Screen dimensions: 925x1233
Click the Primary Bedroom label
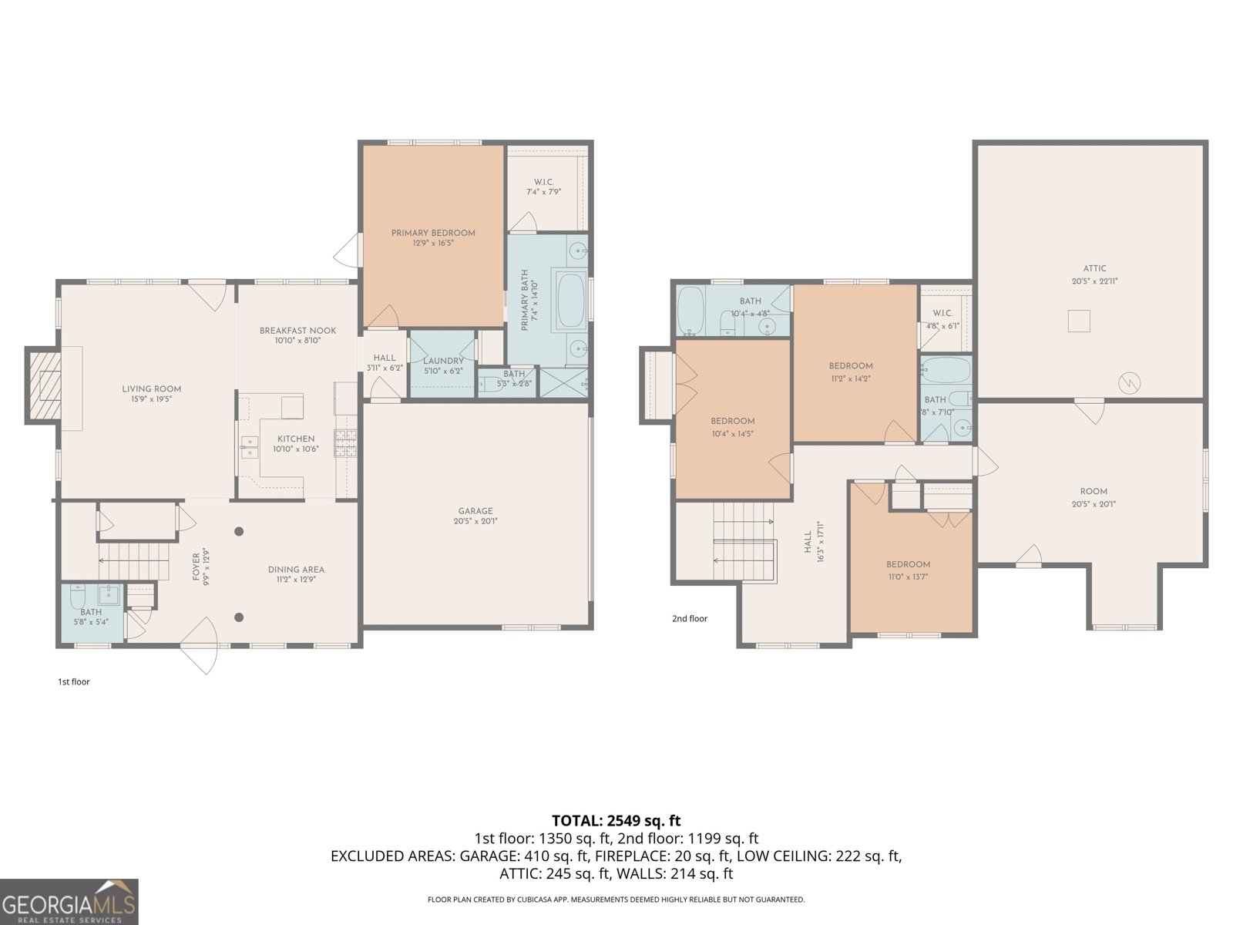[433, 233]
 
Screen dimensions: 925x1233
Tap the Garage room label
[475, 511]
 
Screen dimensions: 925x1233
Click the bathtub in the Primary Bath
[570, 301]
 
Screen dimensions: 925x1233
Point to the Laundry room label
[443, 361]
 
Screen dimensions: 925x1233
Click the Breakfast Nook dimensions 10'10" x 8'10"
[297, 340]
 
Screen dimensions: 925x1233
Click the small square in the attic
[1078, 321]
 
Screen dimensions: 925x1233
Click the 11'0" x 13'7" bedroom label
[908, 565]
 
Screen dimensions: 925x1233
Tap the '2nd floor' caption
[689, 618]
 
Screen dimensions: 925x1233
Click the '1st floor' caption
[74, 681]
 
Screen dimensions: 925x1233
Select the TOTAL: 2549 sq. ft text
[616, 820]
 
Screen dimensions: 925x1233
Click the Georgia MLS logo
[69, 902]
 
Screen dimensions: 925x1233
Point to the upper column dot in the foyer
[240, 531]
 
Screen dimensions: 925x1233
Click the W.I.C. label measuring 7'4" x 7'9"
[543, 182]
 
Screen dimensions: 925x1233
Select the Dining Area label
[296, 570]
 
